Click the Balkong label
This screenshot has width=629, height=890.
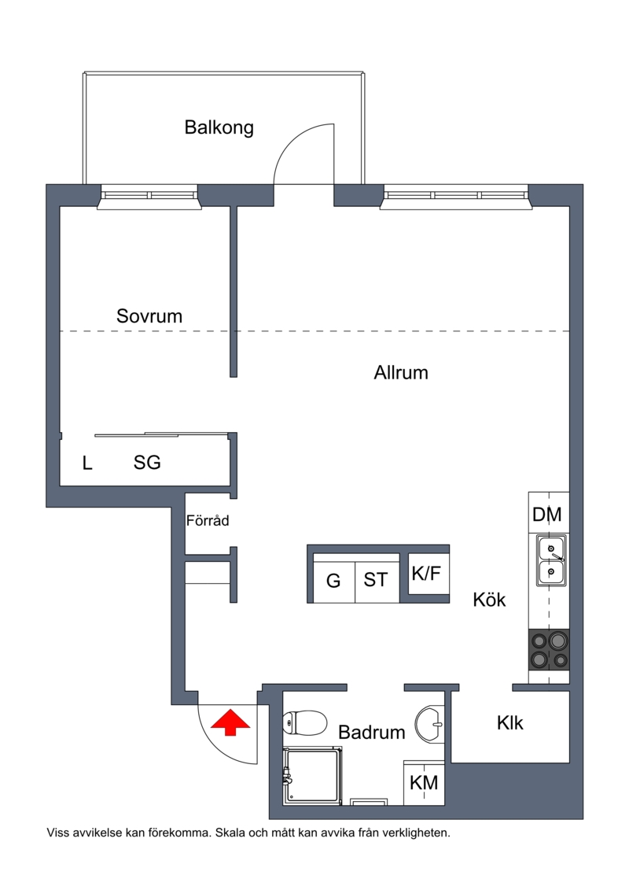(x=219, y=127)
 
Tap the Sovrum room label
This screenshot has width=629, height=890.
(x=149, y=316)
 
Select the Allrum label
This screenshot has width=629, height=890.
(x=401, y=373)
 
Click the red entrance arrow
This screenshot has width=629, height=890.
(x=230, y=722)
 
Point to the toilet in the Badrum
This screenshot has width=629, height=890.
(x=304, y=723)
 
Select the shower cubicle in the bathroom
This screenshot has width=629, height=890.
(x=313, y=776)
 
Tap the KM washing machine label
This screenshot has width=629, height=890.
(x=424, y=783)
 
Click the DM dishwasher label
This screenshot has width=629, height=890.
(x=546, y=515)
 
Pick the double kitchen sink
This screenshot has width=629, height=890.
(x=551, y=560)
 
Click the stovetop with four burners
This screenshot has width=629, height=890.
(x=549, y=649)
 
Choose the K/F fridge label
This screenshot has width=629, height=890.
(x=426, y=574)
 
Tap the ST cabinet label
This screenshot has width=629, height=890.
(x=376, y=579)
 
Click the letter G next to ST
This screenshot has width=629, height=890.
(x=333, y=581)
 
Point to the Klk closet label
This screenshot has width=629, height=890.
(x=510, y=723)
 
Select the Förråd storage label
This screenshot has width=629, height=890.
(x=208, y=520)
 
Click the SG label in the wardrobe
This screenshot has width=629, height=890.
(x=147, y=463)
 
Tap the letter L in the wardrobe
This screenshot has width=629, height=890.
(x=86, y=463)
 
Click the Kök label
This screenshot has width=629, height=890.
(x=489, y=600)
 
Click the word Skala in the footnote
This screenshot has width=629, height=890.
(x=230, y=833)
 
